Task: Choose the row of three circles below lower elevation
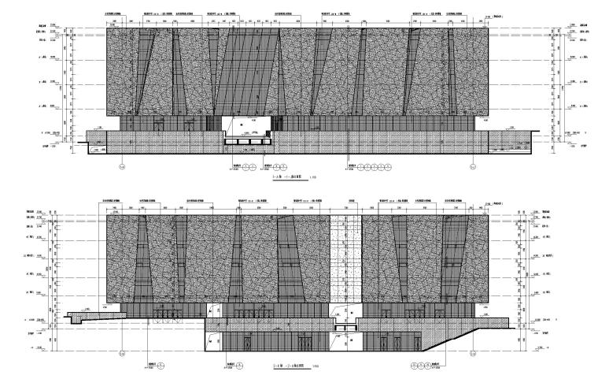(x=426, y=366)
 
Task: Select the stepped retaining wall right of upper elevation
(x=511, y=144)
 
